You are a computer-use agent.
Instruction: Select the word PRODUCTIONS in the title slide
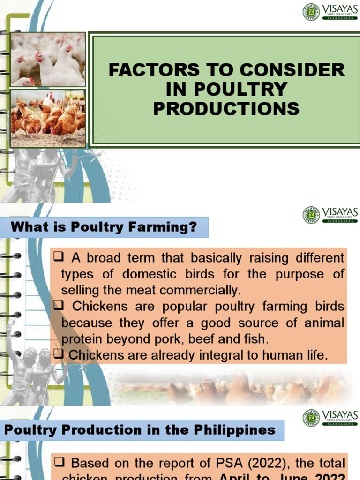[226, 108]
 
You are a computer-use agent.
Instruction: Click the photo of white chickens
[48, 60]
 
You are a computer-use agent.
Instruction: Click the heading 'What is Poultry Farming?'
[104, 227]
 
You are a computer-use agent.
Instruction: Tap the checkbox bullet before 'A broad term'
[59, 257]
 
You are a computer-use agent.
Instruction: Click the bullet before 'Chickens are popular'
[59, 306]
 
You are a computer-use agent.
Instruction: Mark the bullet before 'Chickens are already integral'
[59, 355]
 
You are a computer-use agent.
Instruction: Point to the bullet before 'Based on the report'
[59, 463]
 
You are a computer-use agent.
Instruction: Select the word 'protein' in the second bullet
[81, 339]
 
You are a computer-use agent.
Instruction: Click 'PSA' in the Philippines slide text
[211, 463]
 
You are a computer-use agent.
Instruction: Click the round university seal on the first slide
[311, 12]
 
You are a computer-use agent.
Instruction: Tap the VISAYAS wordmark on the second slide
[340, 212]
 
